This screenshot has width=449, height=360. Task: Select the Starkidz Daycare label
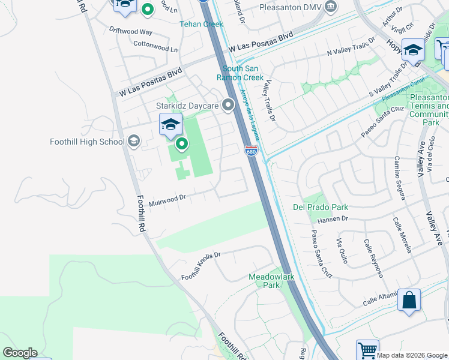click(187, 106)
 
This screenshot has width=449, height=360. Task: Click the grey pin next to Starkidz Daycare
click(228, 106)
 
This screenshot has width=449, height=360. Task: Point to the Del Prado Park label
click(321, 207)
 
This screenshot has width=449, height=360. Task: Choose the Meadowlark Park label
click(265, 281)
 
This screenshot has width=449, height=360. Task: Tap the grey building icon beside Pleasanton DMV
click(330, 7)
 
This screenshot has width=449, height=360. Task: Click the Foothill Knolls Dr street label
click(201, 266)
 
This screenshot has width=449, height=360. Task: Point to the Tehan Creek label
click(202, 24)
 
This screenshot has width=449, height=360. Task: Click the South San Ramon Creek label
click(243, 73)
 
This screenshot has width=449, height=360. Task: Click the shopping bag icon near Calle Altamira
click(409, 299)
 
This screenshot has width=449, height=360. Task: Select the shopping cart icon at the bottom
click(367, 350)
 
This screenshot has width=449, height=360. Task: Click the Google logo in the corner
click(20, 353)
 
